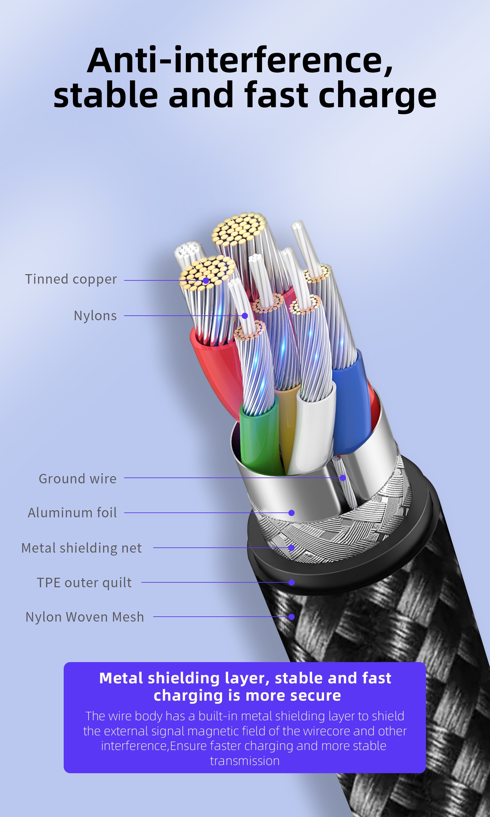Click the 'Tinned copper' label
click(x=71, y=279)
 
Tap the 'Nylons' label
click(x=95, y=316)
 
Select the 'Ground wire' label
click(x=78, y=479)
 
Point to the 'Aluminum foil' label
click(x=72, y=513)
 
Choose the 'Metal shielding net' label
click(x=82, y=548)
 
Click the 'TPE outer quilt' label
click(x=84, y=583)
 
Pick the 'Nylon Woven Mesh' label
click(x=85, y=617)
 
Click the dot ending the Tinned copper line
click(x=206, y=281)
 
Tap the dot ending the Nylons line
click(x=245, y=316)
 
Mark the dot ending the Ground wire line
click(x=343, y=478)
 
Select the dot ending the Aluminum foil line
click(x=291, y=513)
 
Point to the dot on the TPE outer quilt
click(x=291, y=583)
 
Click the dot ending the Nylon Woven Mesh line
click(x=291, y=617)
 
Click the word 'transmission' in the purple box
click(x=245, y=761)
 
